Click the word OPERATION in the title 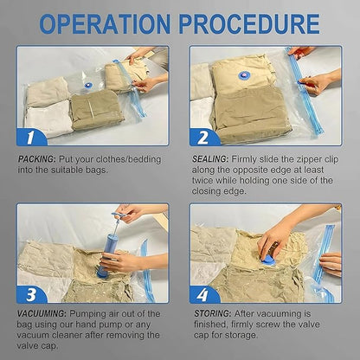pos(105,23)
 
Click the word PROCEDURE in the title pos(249,23)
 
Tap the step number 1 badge pos(31,137)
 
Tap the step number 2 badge pos(204,137)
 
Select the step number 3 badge pos(31,294)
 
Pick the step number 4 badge pos(203,294)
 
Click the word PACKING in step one pos(36,159)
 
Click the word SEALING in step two pos(210,159)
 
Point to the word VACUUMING pos(42,313)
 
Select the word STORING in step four pos(212,313)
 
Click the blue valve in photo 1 pos(88,86)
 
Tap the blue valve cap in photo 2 pos(243,76)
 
